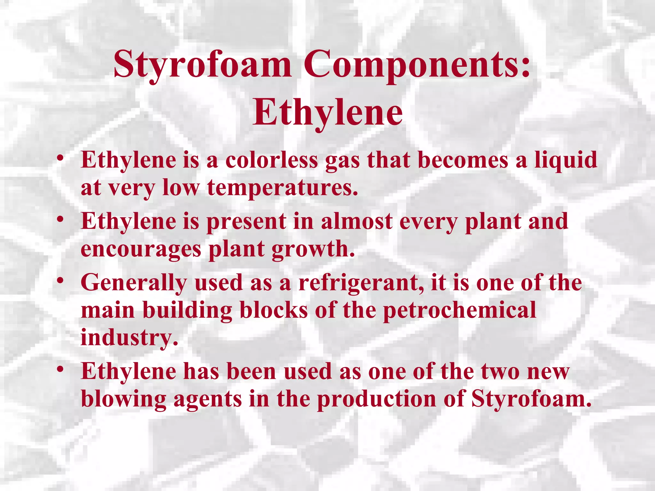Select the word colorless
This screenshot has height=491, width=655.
(x=272, y=160)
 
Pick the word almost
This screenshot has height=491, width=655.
(x=357, y=221)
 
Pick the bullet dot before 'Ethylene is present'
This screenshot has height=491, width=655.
(x=60, y=219)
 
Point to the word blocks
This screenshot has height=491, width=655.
(x=274, y=310)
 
